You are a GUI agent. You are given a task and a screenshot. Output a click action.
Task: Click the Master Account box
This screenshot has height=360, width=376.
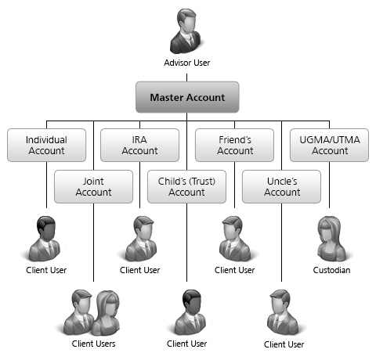[x=187, y=97]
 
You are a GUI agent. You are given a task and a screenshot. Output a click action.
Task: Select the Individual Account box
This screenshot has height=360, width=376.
[x=46, y=145]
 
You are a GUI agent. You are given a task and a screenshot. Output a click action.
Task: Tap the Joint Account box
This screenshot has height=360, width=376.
[x=93, y=186]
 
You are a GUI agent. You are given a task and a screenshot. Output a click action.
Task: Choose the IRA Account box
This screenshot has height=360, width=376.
[x=139, y=145]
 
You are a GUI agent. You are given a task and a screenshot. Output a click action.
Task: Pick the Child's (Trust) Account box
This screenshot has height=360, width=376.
[x=186, y=186]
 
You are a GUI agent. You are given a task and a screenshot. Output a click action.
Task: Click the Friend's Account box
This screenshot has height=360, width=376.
[x=234, y=145]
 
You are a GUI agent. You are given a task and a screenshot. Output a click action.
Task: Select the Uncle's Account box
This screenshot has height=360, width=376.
[x=281, y=186]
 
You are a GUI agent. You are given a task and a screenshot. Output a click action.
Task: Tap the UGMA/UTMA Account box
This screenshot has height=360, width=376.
[x=329, y=145]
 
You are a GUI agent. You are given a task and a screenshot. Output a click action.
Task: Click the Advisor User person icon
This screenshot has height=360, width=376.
[x=186, y=31]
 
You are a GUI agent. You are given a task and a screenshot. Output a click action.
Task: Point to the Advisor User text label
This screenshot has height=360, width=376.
[x=187, y=63]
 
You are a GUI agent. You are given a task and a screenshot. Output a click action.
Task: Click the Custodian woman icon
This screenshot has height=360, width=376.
[x=331, y=239]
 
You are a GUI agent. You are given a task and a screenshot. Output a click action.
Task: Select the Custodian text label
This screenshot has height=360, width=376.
[x=331, y=270]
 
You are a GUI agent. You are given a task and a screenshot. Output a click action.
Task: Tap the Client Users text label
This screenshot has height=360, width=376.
[x=93, y=344]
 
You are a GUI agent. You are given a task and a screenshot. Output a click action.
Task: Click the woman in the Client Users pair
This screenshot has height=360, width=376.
[x=107, y=312]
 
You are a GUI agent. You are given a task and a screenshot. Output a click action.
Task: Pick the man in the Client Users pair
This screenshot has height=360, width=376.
[x=79, y=312]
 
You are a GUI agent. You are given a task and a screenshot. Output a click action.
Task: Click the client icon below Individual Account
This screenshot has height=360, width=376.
[x=45, y=239]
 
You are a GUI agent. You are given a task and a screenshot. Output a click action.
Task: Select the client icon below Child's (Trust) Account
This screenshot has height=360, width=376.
[x=190, y=312]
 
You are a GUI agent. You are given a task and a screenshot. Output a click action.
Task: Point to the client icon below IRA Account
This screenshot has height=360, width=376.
[x=142, y=239]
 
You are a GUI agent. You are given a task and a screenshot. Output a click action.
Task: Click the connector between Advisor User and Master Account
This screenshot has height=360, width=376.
[x=186, y=77]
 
